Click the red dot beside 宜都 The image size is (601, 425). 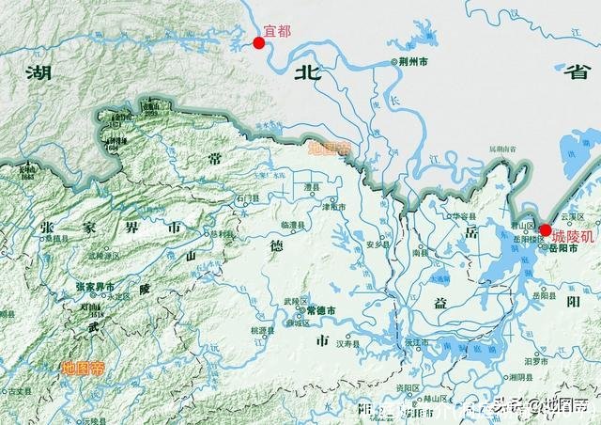pyautogui.click(x=259, y=42)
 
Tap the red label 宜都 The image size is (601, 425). pyautogui.click(x=279, y=31)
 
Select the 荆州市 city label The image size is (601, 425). pyautogui.click(x=413, y=62)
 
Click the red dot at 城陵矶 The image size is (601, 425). pyautogui.click(x=546, y=229)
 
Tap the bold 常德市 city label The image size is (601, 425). pyautogui.click(x=322, y=310)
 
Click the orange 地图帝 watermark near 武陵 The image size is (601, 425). pyautogui.click(x=83, y=370)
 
